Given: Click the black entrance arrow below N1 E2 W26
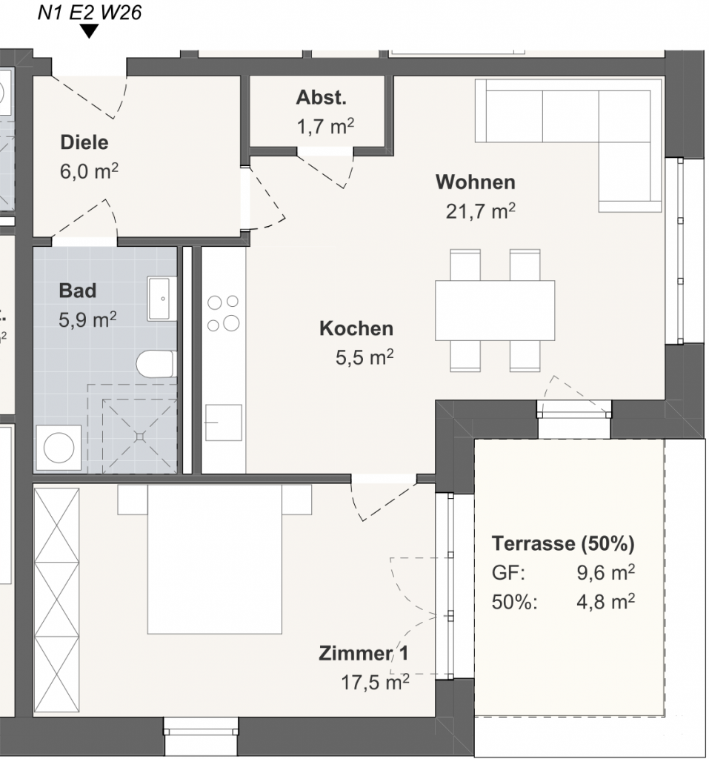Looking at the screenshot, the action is (x=89, y=31).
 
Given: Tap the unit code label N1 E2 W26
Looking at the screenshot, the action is (x=90, y=12).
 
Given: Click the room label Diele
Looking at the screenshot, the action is (x=84, y=142).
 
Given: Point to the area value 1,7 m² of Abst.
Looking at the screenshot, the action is (x=325, y=127).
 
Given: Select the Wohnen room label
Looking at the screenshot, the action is (x=475, y=182).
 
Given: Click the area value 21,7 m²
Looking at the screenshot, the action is (x=480, y=211).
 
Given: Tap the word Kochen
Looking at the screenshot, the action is (x=356, y=328).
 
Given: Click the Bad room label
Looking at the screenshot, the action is (x=78, y=291).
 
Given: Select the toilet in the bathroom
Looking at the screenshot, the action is (x=156, y=364).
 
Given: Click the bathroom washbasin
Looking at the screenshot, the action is (x=162, y=299).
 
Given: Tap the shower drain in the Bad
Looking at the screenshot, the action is (x=139, y=437).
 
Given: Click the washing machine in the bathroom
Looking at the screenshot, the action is (x=59, y=448).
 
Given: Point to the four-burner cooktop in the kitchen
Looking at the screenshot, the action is (x=223, y=314).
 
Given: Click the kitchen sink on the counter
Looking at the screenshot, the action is (x=223, y=422).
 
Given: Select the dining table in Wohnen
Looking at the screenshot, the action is (x=495, y=311).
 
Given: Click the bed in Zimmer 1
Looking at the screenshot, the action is (x=214, y=559).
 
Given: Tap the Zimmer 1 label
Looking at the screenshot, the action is (x=364, y=654).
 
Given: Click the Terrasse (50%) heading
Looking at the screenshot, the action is (x=563, y=543).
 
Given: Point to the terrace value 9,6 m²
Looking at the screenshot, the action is (x=605, y=573).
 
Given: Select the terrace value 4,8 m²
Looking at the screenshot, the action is (x=605, y=602).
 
